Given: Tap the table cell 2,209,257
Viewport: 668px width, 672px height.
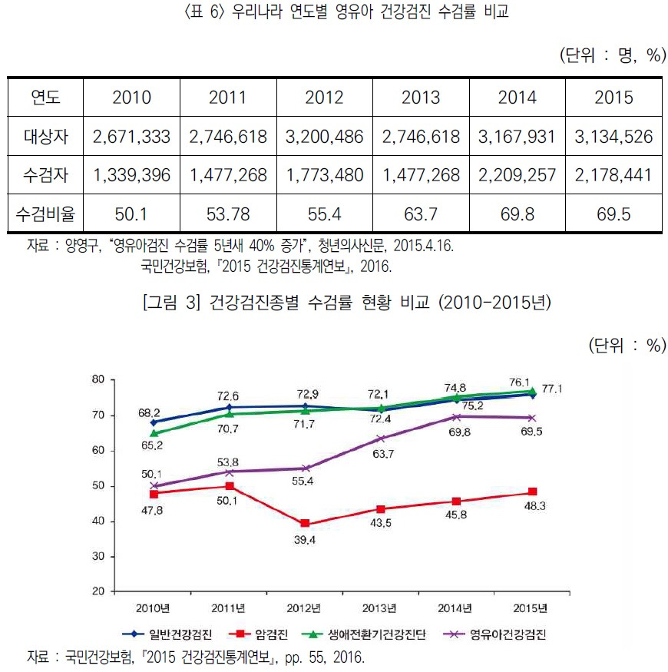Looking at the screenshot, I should point(517,176).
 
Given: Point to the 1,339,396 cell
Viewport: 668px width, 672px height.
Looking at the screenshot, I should point(131,176).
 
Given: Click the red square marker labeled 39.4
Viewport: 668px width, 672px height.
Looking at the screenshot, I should point(305,523).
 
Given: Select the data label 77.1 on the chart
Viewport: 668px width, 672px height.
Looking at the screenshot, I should point(574,389).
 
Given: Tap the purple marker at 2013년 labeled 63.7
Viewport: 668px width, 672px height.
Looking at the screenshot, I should point(382,439).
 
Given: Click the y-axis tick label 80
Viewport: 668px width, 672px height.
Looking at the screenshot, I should point(98,379).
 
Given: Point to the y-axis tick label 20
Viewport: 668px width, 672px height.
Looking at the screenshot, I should point(98,591).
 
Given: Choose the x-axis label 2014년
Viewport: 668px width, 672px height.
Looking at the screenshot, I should point(456,609).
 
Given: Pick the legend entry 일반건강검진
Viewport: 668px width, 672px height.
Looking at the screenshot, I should point(177,634).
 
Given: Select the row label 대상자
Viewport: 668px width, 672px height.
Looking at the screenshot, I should point(45,137).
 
